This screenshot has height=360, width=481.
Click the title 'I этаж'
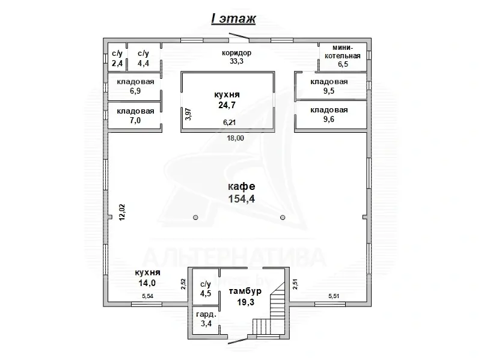(x=233, y=19)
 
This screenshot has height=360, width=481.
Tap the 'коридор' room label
(x=236, y=53)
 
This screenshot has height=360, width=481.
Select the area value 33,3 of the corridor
(x=236, y=61)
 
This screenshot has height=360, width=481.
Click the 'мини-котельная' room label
(x=343, y=52)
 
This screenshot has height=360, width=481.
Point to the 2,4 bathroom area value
(x=117, y=63)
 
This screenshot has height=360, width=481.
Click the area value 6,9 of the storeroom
(x=135, y=91)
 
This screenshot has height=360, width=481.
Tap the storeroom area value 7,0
(x=135, y=120)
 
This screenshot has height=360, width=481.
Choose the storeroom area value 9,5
(x=329, y=91)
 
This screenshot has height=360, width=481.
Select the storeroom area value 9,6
(x=329, y=119)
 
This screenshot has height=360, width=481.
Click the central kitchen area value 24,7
(x=227, y=105)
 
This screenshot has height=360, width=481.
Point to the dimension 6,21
(x=230, y=123)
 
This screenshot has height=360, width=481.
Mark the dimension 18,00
(x=236, y=138)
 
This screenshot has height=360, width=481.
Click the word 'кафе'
(x=242, y=186)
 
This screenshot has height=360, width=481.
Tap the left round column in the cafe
(x=195, y=218)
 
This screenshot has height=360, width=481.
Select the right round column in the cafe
(x=283, y=218)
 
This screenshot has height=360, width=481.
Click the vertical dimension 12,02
(x=122, y=213)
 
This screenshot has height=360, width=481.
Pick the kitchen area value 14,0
(x=147, y=282)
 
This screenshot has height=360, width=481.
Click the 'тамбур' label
(x=245, y=291)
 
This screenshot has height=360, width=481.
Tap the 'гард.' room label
(x=206, y=314)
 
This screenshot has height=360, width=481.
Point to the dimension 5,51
(x=334, y=296)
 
